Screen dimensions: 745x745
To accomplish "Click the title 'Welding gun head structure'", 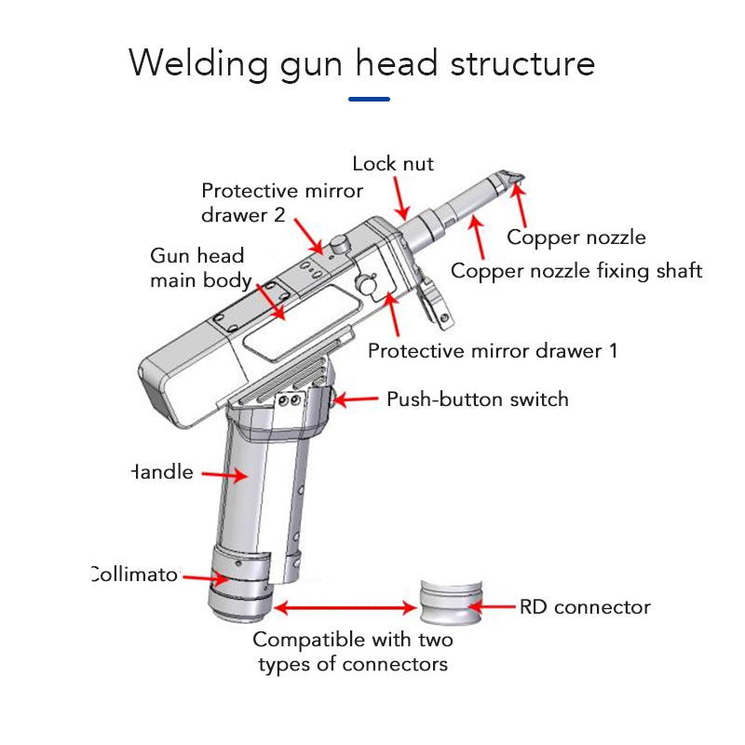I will (361, 63).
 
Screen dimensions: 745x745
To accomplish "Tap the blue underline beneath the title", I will (369, 99).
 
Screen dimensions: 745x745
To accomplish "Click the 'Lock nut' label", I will (392, 164).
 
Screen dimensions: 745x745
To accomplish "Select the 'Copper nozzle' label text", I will (576, 237).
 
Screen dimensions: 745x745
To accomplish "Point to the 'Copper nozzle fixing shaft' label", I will (576, 271).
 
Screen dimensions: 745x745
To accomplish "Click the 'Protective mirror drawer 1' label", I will (492, 351).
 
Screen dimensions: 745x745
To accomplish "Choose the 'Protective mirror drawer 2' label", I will (281, 202).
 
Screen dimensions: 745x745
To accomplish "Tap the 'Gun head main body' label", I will (199, 267).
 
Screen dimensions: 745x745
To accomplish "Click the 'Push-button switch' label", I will (477, 400).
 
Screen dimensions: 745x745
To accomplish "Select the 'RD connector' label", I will (584, 607).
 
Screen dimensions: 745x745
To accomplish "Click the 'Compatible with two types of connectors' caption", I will (353, 652).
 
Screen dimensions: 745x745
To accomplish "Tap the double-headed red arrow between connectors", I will (345, 608).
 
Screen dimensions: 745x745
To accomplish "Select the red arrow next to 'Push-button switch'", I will (355, 400).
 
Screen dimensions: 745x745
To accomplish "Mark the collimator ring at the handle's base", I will (237, 577).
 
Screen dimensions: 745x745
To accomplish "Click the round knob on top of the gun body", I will (339, 243).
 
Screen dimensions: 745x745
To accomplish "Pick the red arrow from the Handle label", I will (223, 474).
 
